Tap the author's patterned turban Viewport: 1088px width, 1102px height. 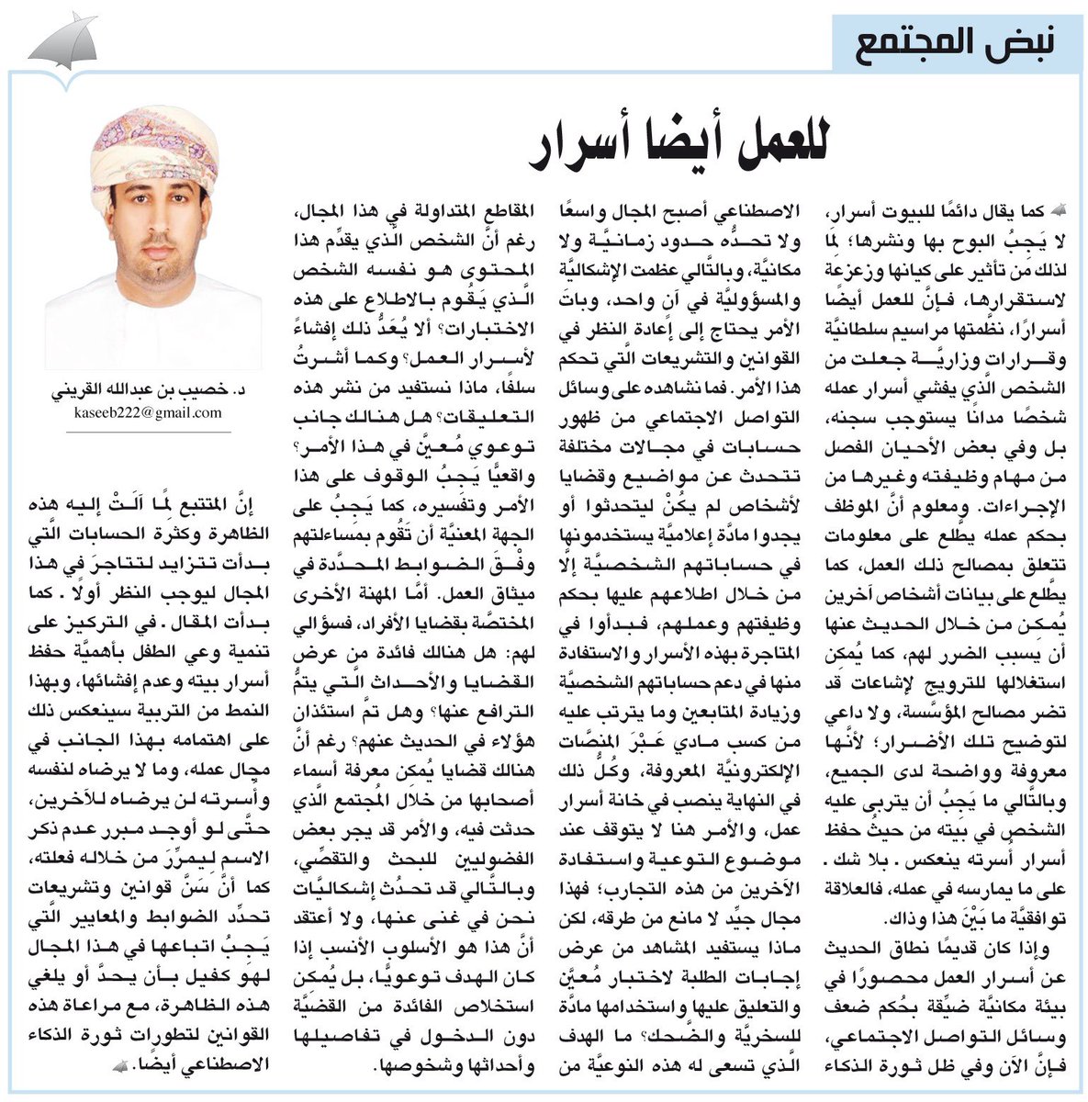[153, 147]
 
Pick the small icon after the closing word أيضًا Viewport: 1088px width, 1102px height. [119, 1064]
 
